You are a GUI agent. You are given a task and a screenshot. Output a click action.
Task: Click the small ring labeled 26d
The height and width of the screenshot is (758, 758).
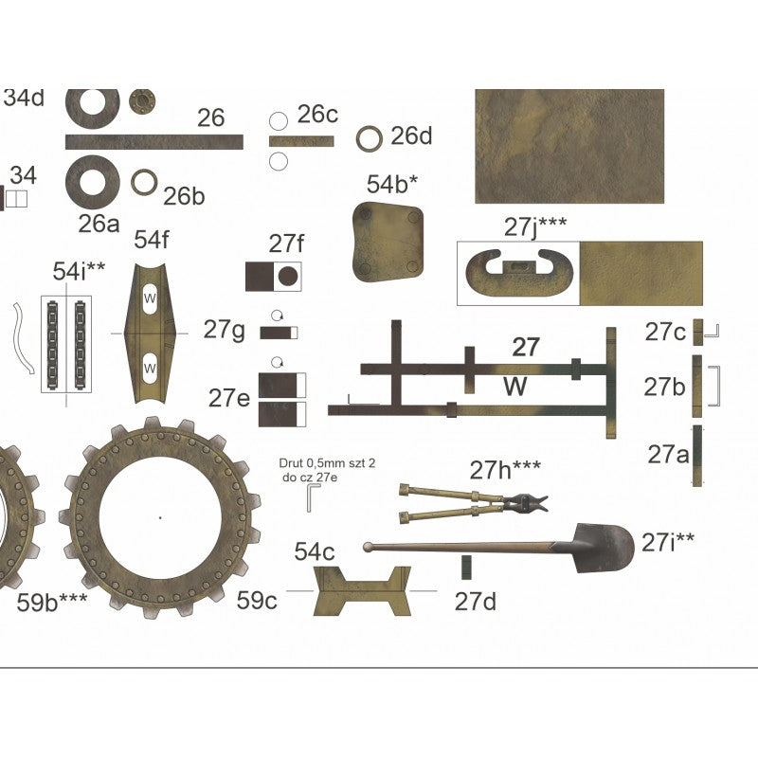click(x=370, y=138)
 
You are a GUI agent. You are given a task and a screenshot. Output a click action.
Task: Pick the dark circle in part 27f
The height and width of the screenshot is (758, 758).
click(x=289, y=277)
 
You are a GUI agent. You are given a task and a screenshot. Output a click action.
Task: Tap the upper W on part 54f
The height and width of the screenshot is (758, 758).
click(x=150, y=298)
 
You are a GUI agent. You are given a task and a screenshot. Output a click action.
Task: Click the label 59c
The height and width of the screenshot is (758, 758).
click(x=257, y=600)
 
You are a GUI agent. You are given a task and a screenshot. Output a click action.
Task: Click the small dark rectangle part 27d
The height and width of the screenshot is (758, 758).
click(x=465, y=568)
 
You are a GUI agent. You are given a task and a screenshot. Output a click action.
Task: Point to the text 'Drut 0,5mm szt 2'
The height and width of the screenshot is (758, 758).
click(x=315, y=463)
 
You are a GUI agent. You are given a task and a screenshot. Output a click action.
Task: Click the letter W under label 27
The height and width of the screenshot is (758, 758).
click(x=514, y=386)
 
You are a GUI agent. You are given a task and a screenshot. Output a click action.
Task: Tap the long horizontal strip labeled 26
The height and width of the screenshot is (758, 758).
click(x=153, y=142)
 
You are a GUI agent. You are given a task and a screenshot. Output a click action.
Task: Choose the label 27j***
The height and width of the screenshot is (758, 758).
click(x=535, y=226)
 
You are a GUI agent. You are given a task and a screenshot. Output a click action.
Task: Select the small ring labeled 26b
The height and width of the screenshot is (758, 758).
click(x=144, y=182)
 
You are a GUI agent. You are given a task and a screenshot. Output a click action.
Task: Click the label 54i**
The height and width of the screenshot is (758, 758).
click(x=79, y=273)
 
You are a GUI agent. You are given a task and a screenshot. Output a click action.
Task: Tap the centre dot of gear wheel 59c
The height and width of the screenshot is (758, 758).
click(x=160, y=517)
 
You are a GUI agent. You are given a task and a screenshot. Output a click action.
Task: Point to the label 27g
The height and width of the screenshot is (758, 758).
click(x=225, y=330)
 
